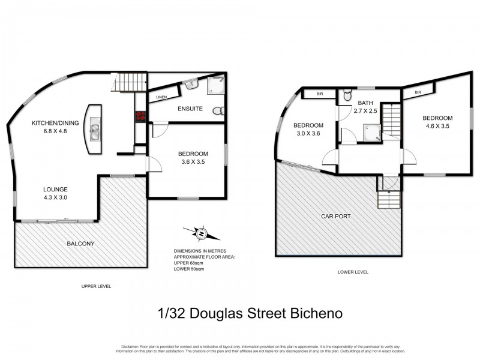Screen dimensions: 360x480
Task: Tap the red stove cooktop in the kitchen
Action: pos(140,116)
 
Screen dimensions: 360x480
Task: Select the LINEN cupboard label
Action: pos(161,97)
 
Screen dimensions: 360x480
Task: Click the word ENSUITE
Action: pos(190,109)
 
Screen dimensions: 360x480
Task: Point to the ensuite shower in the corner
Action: pos(216,86)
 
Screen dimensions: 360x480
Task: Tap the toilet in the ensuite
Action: pos(218,110)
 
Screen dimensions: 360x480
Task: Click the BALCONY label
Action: pos(80,244)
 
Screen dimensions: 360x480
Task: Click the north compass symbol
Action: pos(202,233)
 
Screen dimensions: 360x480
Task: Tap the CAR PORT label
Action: pos(336,216)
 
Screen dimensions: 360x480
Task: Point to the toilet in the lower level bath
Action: pos(347,96)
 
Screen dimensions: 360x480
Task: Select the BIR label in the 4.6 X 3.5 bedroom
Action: pos(418,92)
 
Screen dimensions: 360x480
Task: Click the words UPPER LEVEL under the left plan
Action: pos(96,286)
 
